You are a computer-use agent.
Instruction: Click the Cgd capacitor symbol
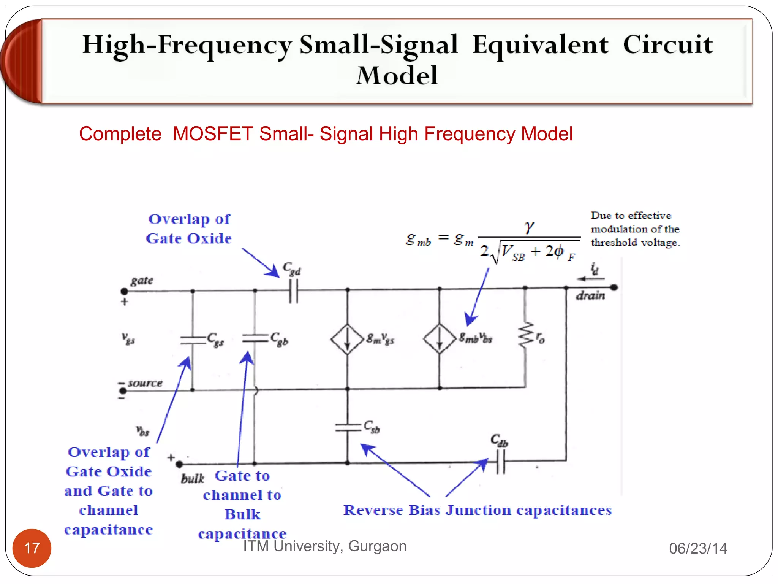[x=293, y=291]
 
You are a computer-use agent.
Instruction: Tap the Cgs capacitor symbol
[x=193, y=340]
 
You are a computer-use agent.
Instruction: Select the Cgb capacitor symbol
[x=255, y=338]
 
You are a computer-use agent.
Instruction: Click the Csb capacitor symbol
[x=347, y=428]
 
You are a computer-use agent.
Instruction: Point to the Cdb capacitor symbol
[x=501, y=461]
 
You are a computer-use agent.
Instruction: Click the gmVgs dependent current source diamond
[x=347, y=339]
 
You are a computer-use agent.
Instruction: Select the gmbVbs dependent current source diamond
[x=440, y=338]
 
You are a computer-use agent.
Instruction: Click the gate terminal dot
[x=124, y=292]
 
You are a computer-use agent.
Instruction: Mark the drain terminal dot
[x=614, y=287]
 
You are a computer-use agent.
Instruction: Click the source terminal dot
[x=123, y=391]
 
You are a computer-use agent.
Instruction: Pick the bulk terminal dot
[x=179, y=464]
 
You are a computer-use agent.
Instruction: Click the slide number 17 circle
[x=32, y=548]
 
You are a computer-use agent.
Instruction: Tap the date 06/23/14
[x=698, y=548]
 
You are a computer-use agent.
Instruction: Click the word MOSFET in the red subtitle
[x=213, y=134]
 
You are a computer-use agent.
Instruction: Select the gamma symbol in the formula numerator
[x=529, y=227]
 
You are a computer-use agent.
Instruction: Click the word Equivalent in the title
[x=540, y=45]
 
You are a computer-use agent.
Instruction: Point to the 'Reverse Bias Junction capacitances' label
[x=477, y=510]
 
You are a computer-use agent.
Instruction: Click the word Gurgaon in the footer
[x=377, y=546]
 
